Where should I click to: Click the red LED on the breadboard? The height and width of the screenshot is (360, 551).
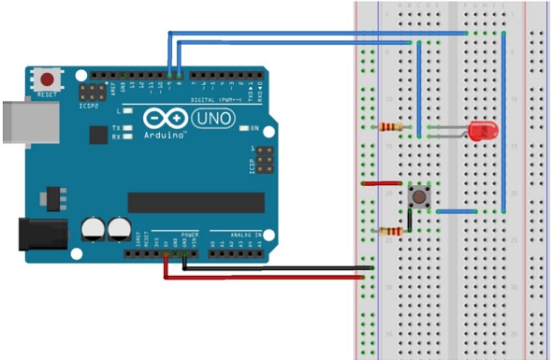click(x=483, y=131)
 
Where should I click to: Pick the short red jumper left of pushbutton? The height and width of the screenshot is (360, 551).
click(x=378, y=185)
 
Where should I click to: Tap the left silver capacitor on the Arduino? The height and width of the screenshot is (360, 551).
click(x=92, y=227)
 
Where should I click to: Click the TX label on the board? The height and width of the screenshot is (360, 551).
click(x=116, y=128)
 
